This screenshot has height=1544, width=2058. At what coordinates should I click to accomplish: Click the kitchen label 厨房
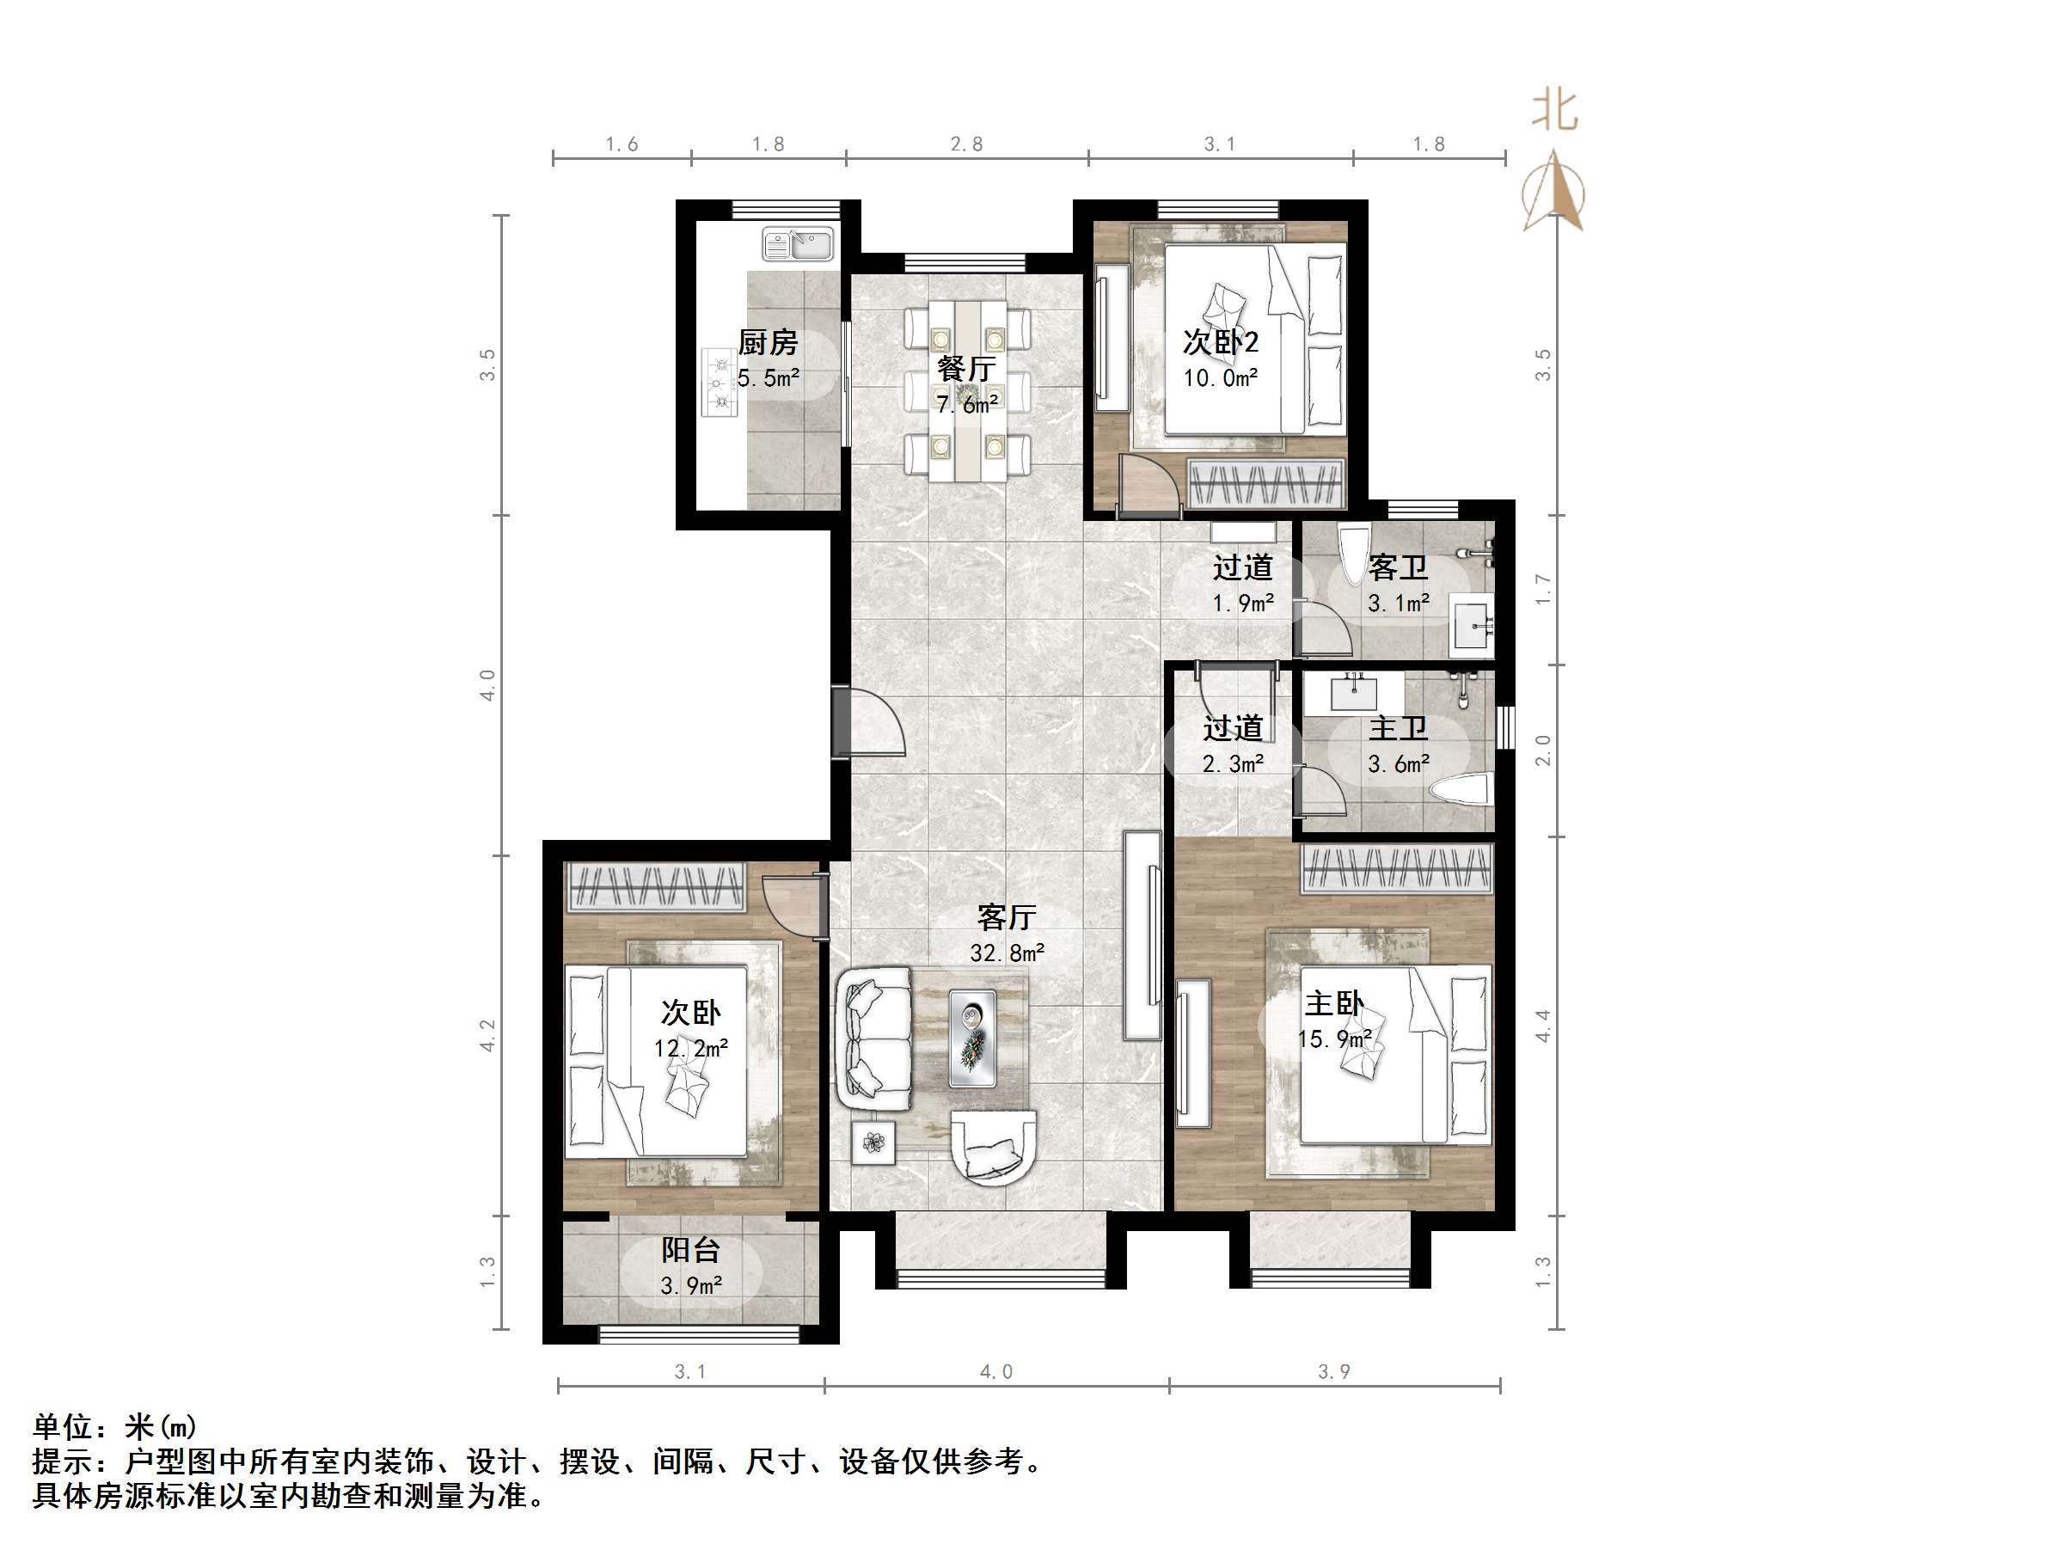(768, 342)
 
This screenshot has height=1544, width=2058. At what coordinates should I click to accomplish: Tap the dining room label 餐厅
(965, 369)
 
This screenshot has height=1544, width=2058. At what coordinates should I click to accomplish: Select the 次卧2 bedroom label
(1220, 341)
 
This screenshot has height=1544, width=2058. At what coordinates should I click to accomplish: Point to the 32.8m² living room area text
(1007, 953)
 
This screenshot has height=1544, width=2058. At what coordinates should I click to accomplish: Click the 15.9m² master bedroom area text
(1335, 1039)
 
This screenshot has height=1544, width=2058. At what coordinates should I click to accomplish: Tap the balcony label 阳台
(690, 1250)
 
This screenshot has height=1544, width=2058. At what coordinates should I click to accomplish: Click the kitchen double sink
(799, 245)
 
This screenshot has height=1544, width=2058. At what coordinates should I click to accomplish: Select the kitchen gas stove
(719, 383)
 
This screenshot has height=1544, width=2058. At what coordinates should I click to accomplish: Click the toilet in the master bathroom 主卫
(1461, 791)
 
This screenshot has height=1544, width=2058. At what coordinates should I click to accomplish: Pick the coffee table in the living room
(972, 1038)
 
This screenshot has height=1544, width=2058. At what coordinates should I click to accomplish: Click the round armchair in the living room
(994, 1147)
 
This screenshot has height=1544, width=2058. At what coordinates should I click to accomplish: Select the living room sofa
(874, 1038)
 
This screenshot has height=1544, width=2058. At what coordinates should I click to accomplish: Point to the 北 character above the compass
(1554, 110)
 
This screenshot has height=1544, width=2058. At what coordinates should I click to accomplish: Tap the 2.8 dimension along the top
(966, 144)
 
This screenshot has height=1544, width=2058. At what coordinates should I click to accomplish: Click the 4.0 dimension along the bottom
(995, 1371)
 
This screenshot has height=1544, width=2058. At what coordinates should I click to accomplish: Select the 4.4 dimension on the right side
(1542, 1025)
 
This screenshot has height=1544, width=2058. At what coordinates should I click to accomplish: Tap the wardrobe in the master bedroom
(1396, 868)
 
